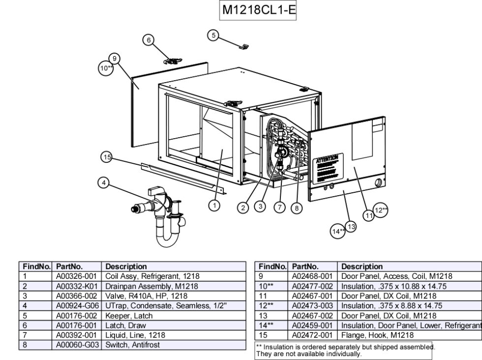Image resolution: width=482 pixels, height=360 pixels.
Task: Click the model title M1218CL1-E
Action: [x=258, y=10]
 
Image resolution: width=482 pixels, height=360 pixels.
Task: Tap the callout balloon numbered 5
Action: [x=212, y=35]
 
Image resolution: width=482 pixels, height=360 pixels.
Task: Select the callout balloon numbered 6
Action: [x=148, y=40]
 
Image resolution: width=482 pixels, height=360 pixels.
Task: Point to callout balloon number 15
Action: [x=106, y=157]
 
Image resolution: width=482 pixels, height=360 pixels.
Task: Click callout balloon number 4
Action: [x=103, y=183]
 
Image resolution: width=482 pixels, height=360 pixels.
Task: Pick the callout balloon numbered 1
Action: [x=214, y=206]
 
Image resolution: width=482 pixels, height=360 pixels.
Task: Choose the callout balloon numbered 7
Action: [x=279, y=208]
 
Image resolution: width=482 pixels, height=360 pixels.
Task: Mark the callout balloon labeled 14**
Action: [x=338, y=231]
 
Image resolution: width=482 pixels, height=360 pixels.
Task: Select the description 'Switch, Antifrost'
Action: [x=133, y=345]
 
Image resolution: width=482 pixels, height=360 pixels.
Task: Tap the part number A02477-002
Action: [x=313, y=286]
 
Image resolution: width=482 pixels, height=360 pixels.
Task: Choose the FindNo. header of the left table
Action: [x=36, y=267]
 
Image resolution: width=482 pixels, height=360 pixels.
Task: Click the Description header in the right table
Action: [x=362, y=267]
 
